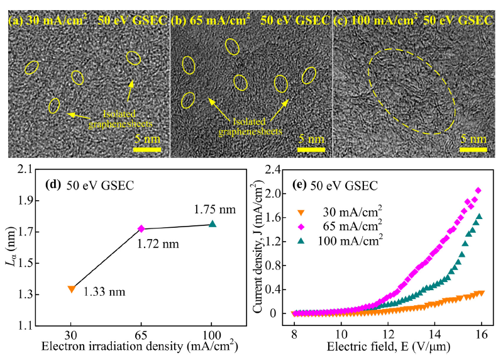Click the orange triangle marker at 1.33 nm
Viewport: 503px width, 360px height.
click(72, 289)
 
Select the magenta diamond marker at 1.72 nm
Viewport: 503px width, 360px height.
click(141, 228)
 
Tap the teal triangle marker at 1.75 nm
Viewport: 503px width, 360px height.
click(213, 223)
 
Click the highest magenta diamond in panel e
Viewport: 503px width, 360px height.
click(478, 191)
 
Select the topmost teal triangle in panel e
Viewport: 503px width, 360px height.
click(479, 217)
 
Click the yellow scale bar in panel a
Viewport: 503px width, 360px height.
click(147, 150)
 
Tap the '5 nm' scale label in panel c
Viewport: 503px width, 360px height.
click(473, 138)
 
